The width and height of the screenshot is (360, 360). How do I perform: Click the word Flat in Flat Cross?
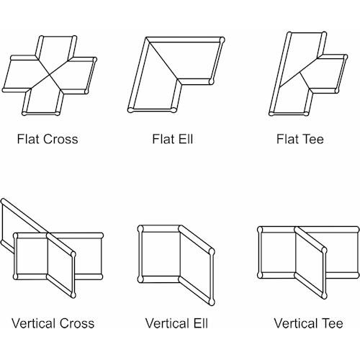pos(29,139)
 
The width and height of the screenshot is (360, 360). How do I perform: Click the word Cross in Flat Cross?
pos(61,139)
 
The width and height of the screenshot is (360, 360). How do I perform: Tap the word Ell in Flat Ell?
pos(186,139)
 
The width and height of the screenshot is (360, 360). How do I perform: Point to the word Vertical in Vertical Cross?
pos(34,323)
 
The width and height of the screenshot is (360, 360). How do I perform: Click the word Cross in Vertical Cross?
pos(77,323)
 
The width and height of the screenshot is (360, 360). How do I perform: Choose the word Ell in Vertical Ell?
pos(201,323)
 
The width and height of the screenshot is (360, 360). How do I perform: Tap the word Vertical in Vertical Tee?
pos(296,323)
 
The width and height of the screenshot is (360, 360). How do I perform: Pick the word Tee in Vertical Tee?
pos(333,323)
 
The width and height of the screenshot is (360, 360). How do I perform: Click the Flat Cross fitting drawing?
pos(50,76)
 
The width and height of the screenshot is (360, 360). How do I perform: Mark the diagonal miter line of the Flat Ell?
pos(163,60)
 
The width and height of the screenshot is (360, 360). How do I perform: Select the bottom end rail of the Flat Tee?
pos(289,113)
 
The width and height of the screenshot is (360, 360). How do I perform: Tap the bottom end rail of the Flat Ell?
pos(152,110)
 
